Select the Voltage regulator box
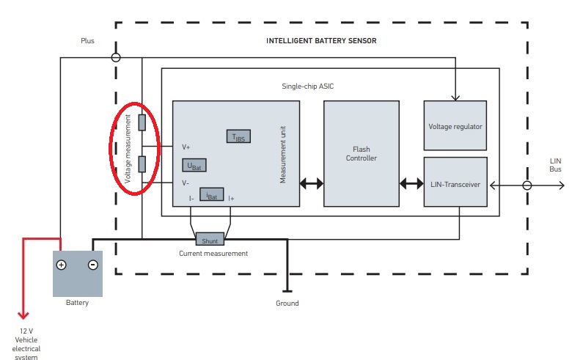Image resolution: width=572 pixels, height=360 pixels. point(455,126)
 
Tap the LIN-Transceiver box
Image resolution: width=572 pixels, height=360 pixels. point(455,184)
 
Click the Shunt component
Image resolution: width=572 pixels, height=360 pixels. point(210,239)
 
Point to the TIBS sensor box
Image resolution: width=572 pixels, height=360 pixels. point(239,136)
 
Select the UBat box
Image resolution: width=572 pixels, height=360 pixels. point(194,166)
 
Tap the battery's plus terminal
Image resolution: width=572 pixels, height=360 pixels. point(62,265)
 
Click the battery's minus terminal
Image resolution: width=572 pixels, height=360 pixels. point(92,265)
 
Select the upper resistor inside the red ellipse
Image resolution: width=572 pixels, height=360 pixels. point(142,122)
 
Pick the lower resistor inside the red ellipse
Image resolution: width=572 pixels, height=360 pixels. point(142,164)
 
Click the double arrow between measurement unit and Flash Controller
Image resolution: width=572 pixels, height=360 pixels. point(311,184)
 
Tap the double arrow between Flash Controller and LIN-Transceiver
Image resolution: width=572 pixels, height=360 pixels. point(411,184)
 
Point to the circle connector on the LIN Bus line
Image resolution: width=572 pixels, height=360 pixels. point(527,185)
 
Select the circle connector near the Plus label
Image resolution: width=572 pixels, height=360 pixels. point(115,57)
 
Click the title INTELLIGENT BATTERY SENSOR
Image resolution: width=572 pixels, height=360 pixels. point(321,41)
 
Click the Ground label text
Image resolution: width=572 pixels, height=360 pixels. point(287,303)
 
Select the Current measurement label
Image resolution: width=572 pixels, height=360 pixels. point(213,254)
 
